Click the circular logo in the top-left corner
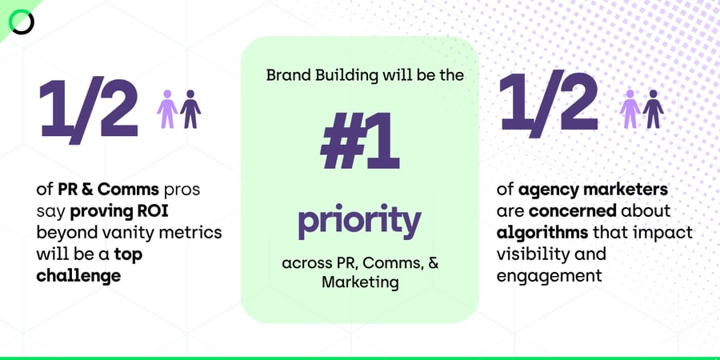(x=22, y=22)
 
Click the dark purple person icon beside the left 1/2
(x=190, y=109)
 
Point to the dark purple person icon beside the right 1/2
(x=654, y=109)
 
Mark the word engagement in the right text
(x=548, y=274)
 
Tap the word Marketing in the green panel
(x=359, y=282)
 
